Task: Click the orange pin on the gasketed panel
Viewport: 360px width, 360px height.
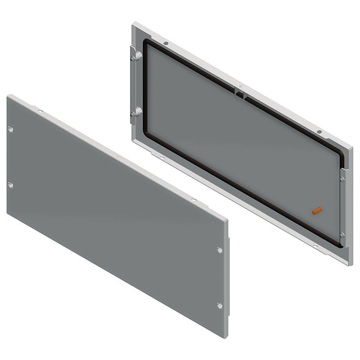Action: (x=317, y=211)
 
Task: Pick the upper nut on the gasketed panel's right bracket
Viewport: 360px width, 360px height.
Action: (x=342, y=179)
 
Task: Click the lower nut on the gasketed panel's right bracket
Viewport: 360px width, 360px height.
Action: (x=342, y=235)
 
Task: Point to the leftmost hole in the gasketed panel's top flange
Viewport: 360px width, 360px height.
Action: (x=166, y=44)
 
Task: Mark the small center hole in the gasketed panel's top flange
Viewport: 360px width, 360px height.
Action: (x=240, y=86)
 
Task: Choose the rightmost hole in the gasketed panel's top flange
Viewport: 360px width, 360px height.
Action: (x=319, y=132)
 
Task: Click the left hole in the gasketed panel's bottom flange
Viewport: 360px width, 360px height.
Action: (x=162, y=158)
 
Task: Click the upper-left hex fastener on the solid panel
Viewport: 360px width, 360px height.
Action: (x=11, y=130)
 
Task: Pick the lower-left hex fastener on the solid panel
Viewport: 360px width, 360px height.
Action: (x=11, y=185)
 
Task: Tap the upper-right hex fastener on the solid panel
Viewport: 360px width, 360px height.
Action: (x=219, y=250)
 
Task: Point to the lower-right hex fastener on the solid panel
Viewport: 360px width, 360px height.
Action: (x=219, y=306)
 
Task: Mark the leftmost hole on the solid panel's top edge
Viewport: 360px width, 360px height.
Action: (x=41, y=111)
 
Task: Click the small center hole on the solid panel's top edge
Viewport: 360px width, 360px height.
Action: (x=118, y=156)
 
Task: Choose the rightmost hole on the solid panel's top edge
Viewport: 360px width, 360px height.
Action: (x=193, y=200)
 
